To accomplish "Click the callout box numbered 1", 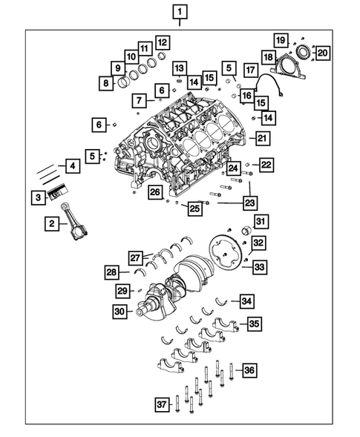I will point(181,11).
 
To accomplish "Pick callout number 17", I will point(250,71).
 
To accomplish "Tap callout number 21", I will point(261,137).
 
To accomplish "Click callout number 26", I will point(154,193).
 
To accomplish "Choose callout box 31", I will point(260,222).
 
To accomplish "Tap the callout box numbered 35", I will point(254,323).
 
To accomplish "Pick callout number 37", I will point(161,404).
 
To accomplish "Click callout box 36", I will point(249,369).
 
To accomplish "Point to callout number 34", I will point(246,300).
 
